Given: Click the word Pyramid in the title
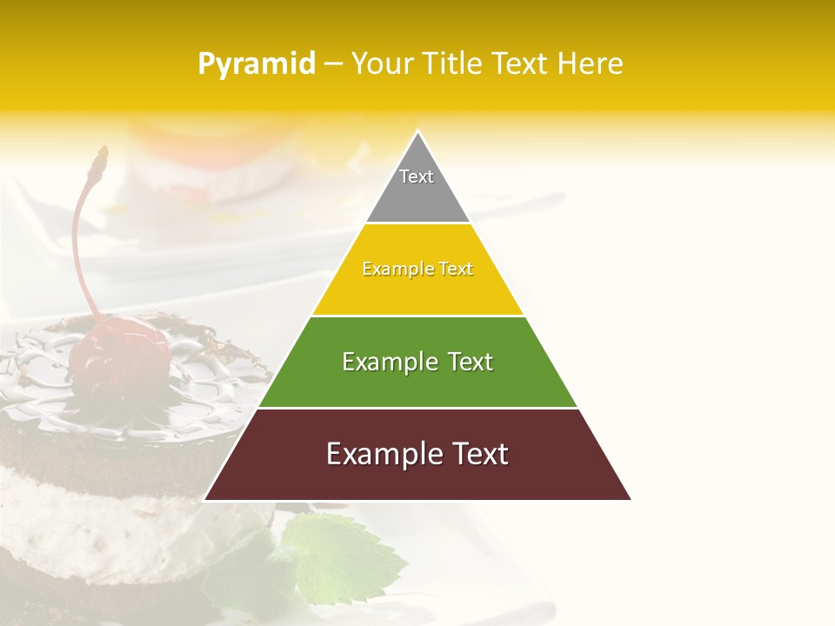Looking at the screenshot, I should [257, 64].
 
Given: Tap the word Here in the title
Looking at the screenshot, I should [590, 63].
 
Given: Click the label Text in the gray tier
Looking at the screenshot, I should [417, 176].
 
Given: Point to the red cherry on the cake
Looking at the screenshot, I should [120, 353].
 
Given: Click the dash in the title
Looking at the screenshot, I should [333, 64].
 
